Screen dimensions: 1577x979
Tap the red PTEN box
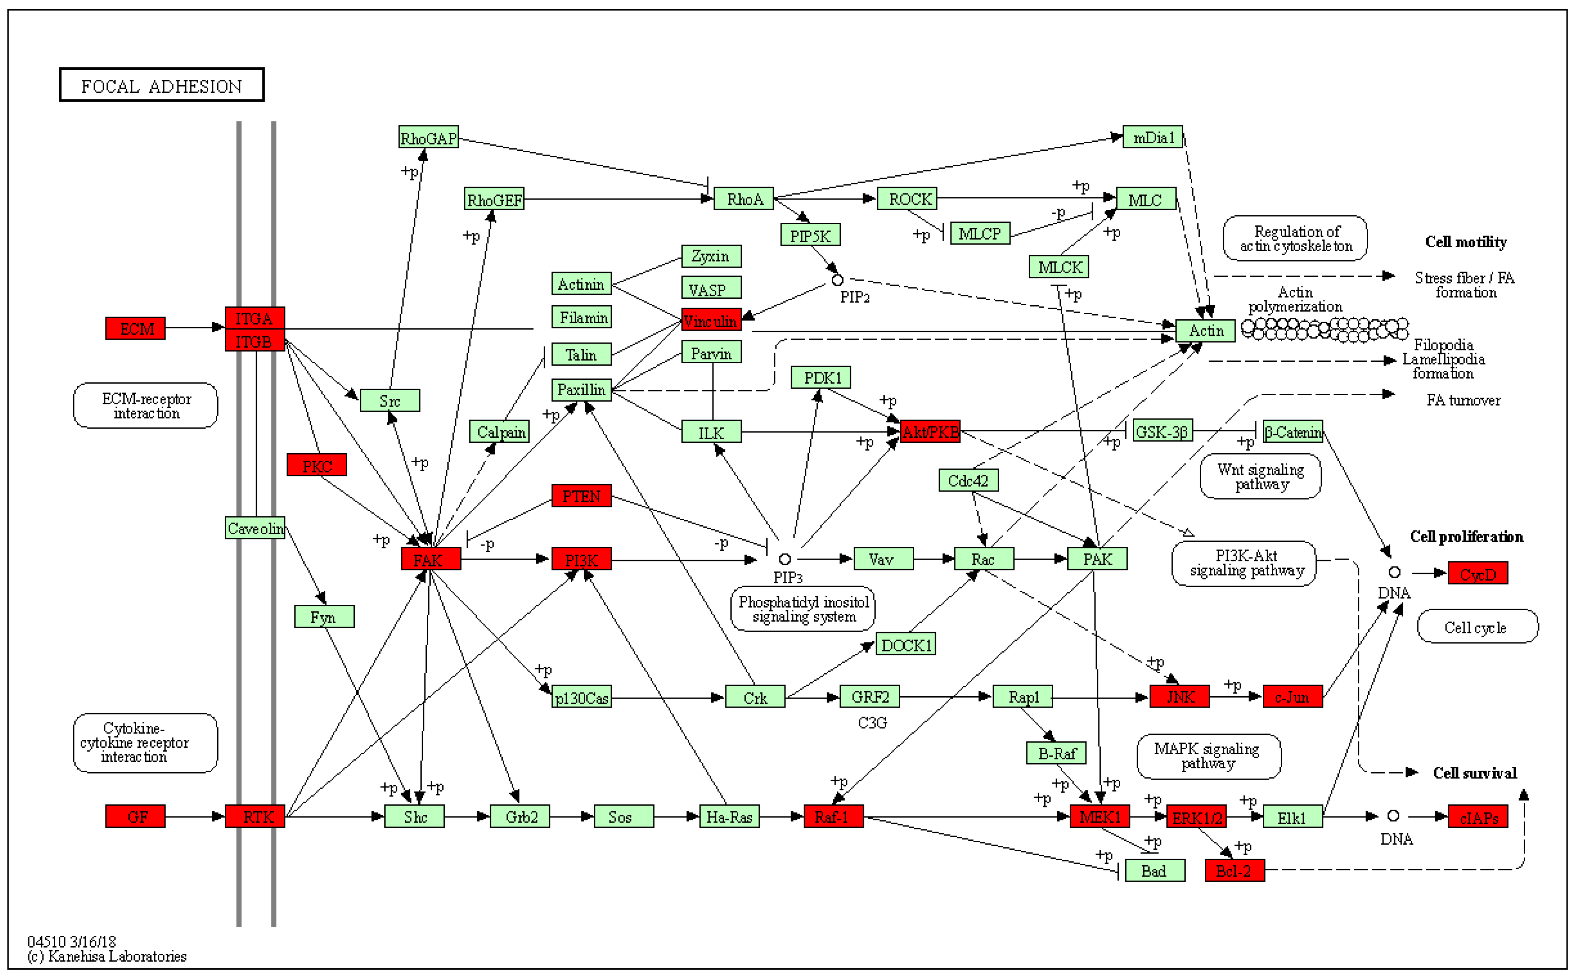[x=581, y=496]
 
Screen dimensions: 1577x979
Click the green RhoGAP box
[x=429, y=137]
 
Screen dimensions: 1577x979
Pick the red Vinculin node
[x=711, y=320]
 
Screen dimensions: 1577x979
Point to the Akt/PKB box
[x=930, y=432]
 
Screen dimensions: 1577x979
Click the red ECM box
[x=135, y=328]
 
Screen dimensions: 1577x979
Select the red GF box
[x=135, y=817]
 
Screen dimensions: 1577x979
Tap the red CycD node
[x=1478, y=574]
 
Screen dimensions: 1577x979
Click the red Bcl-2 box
[x=1235, y=870]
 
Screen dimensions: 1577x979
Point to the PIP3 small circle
[x=785, y=559]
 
